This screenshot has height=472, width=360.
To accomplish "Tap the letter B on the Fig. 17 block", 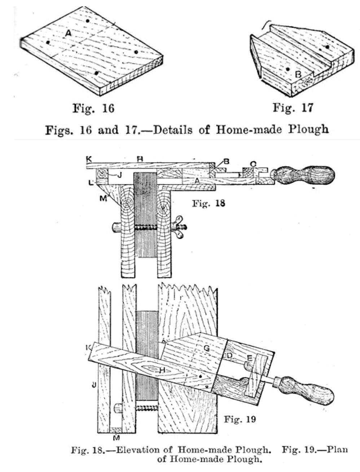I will click(x=298, y=75).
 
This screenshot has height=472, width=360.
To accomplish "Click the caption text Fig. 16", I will click(x=93, y=108).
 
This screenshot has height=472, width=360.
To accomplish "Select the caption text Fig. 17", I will click(x=293, y=107).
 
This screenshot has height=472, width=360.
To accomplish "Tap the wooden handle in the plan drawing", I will click(x=305, y=388).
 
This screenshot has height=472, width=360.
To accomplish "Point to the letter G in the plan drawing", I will click(x=207, y=348).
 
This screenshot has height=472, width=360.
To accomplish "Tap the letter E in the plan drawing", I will click(x=249, y=358).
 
